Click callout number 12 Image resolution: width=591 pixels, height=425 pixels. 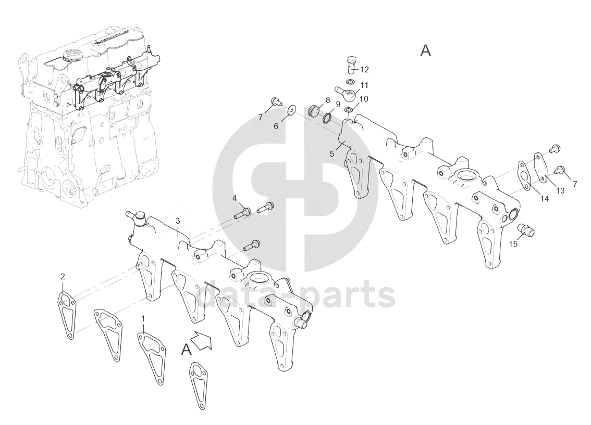tap(364, 69)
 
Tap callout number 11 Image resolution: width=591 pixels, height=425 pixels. tap(364, 85)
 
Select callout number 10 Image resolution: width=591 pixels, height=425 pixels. tap(364, 98)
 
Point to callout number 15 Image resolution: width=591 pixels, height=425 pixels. tap(514, 243)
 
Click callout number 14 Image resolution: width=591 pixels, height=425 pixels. tap(544, 199)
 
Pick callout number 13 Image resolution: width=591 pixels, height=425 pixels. tap(560, 191)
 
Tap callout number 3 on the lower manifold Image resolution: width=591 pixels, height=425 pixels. tap(178, 221)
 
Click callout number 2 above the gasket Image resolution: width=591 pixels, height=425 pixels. tap(63, 276)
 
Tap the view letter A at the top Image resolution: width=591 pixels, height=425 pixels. tap(426, 51)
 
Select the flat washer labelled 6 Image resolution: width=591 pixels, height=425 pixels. tap(291, 109)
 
